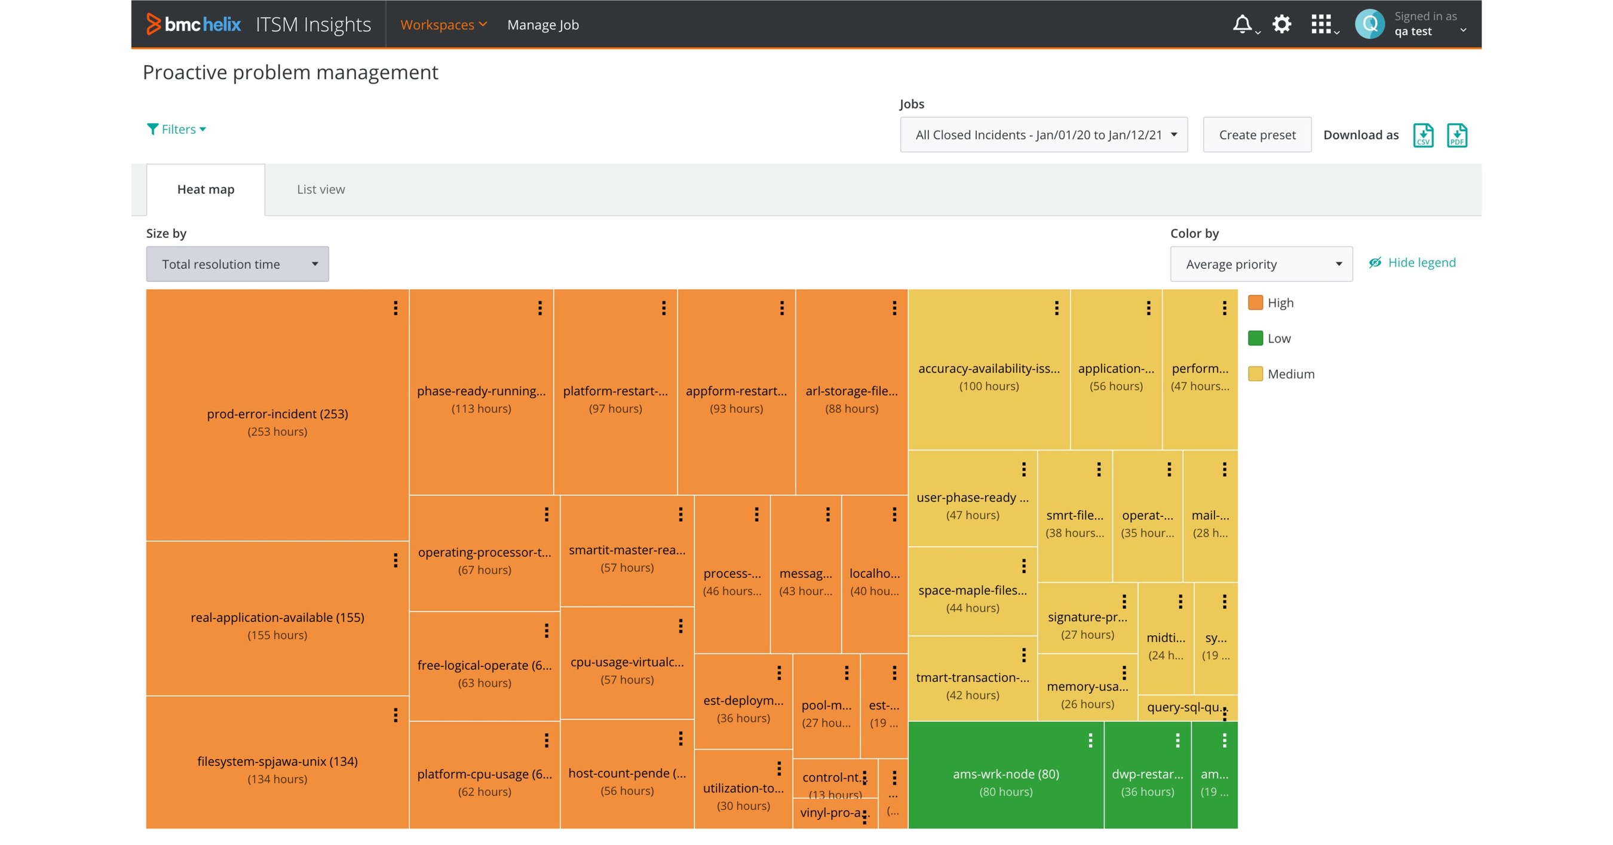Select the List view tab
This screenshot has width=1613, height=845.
click(x=321, y=189)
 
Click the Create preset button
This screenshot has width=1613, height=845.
click(x=1257, y=134)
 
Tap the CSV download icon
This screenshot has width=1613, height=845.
click(x=1422, y=135)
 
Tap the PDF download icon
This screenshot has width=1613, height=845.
click(x=1456, y=135)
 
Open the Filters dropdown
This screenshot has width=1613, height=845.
click(x=177, y=129)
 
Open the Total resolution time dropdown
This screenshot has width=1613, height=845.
click(x=237, y=264)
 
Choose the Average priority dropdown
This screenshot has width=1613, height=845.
click(x=1261, y=264)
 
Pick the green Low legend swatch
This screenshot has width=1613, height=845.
click(x=1255, y=338)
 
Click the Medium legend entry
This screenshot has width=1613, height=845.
click(x=1290, y=374)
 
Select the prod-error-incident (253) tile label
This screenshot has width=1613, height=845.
click(x=277, y=414)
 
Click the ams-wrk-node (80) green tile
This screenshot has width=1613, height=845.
click(x=1005, y=775)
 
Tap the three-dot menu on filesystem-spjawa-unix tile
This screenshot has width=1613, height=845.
click(x=395, y=715)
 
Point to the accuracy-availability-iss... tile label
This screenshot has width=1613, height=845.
click(x=989, y=369)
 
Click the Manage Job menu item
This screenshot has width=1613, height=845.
click(x=543, y=25)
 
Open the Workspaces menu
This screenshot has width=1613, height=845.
click(x=443, y=25)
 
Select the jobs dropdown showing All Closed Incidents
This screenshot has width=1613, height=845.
click(x=1044, y=134)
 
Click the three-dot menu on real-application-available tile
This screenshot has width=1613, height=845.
click(x=395, y=560)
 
